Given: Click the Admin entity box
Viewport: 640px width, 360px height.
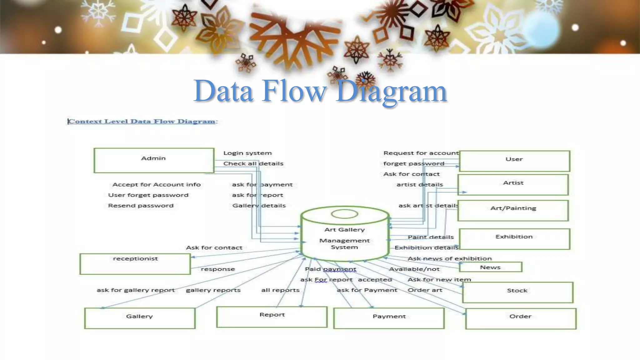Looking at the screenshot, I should point(154,160).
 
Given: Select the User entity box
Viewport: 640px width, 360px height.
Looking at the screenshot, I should point(514,161).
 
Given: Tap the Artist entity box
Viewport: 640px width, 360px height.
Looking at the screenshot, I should point(513,185).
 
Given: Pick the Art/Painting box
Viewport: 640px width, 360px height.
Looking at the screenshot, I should point(513,210).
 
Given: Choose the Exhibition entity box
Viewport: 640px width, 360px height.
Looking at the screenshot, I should point(514,239).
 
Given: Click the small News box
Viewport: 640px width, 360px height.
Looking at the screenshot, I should point(490,267).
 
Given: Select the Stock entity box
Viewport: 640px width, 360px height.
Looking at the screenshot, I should point(517,292).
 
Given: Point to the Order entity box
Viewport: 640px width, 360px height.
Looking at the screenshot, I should point(521,318).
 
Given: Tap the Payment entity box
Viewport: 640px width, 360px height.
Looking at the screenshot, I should point(389,318).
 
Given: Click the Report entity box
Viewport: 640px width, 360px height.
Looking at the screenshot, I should point(272,317).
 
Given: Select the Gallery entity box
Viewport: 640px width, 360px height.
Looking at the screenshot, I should point(140,318).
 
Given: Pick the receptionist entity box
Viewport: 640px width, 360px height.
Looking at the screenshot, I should point(135,264).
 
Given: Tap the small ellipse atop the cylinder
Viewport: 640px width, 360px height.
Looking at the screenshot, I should point(344,214).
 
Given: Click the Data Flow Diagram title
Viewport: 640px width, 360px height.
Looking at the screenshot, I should point(320,91).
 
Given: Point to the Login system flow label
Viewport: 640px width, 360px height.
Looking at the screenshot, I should point(247,153).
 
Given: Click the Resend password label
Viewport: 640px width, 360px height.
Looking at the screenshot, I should point(141,206).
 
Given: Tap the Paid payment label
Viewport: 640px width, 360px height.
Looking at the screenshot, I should point(330,269).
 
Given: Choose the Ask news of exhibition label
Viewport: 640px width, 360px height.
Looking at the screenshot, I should point(449,258).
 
